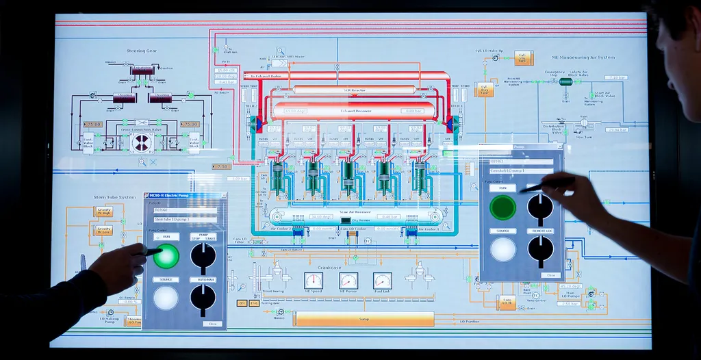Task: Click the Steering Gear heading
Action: [x=142, y=51]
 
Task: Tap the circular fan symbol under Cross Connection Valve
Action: [x=142, y=142]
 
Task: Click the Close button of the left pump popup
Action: [x=212, y=324]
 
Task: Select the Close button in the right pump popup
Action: [x=549, y=275]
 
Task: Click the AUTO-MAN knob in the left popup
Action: [x=203, y=296]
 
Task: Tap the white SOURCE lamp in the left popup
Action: [x=165, y=298]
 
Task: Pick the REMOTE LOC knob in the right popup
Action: [x=540, y=248]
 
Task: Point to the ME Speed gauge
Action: [x=314, y=281]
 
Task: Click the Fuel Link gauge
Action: [x=382, y=281]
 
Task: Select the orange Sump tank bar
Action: [x=364, y=319]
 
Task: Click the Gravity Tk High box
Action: [x=104, y=211]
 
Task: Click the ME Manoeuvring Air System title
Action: [x=587, y=57]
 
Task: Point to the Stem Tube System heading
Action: [x=115, y=198]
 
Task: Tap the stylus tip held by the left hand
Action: [x=159, y=252]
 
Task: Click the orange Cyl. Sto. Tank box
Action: [x=522, y=58]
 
